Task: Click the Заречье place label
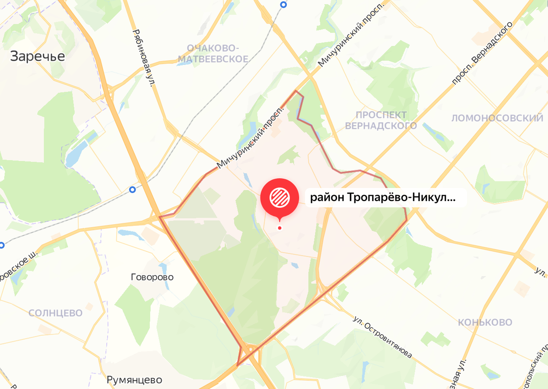pos(38,56)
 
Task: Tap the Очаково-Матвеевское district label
pos(213,53)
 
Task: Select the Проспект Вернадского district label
pos(381,120)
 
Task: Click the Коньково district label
pos(485,322)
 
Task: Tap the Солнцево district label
pos(55,313)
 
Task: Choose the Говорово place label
pos(152,277)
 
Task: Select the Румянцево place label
pos(135,380)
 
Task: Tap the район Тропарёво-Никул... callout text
pos(383,198)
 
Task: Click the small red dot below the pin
pos(279,228)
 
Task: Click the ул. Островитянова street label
pos(384,336)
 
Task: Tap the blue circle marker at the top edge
pos(284,5)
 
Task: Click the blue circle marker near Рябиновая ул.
pos(132,189)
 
